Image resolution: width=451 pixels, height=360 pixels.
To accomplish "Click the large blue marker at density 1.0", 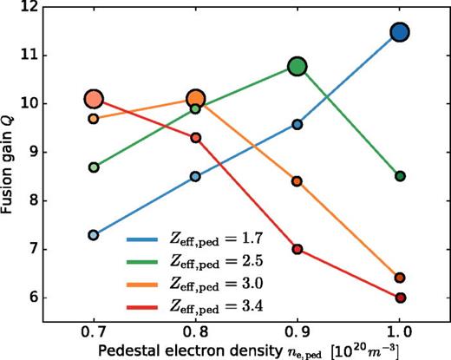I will [x=400, y=32].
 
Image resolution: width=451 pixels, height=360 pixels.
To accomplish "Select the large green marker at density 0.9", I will [x=297, y=67].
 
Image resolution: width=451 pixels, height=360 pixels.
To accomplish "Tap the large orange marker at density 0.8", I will [x=196, y=99].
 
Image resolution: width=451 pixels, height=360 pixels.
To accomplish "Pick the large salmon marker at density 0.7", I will [x=94, y=99].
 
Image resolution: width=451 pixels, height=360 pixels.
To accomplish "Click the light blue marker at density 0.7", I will [x=94, y=235].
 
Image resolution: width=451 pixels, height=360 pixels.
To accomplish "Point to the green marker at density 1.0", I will [x=400, y=176].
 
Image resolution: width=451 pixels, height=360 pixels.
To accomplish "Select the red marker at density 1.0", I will [x=400, y=298].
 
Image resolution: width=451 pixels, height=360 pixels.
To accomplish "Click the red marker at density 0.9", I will [x=297, y=249].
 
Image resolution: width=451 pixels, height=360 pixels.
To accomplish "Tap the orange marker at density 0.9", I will [x=297, y=181].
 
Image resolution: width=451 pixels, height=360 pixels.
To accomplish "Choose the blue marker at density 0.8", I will [x=196, y=176].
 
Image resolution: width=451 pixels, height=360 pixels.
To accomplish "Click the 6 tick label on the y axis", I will [x=41, y=298].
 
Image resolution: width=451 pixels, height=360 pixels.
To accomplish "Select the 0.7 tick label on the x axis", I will [x=94, y=331].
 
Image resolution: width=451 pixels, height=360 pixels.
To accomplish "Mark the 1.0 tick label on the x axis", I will [x=400, y=331].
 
